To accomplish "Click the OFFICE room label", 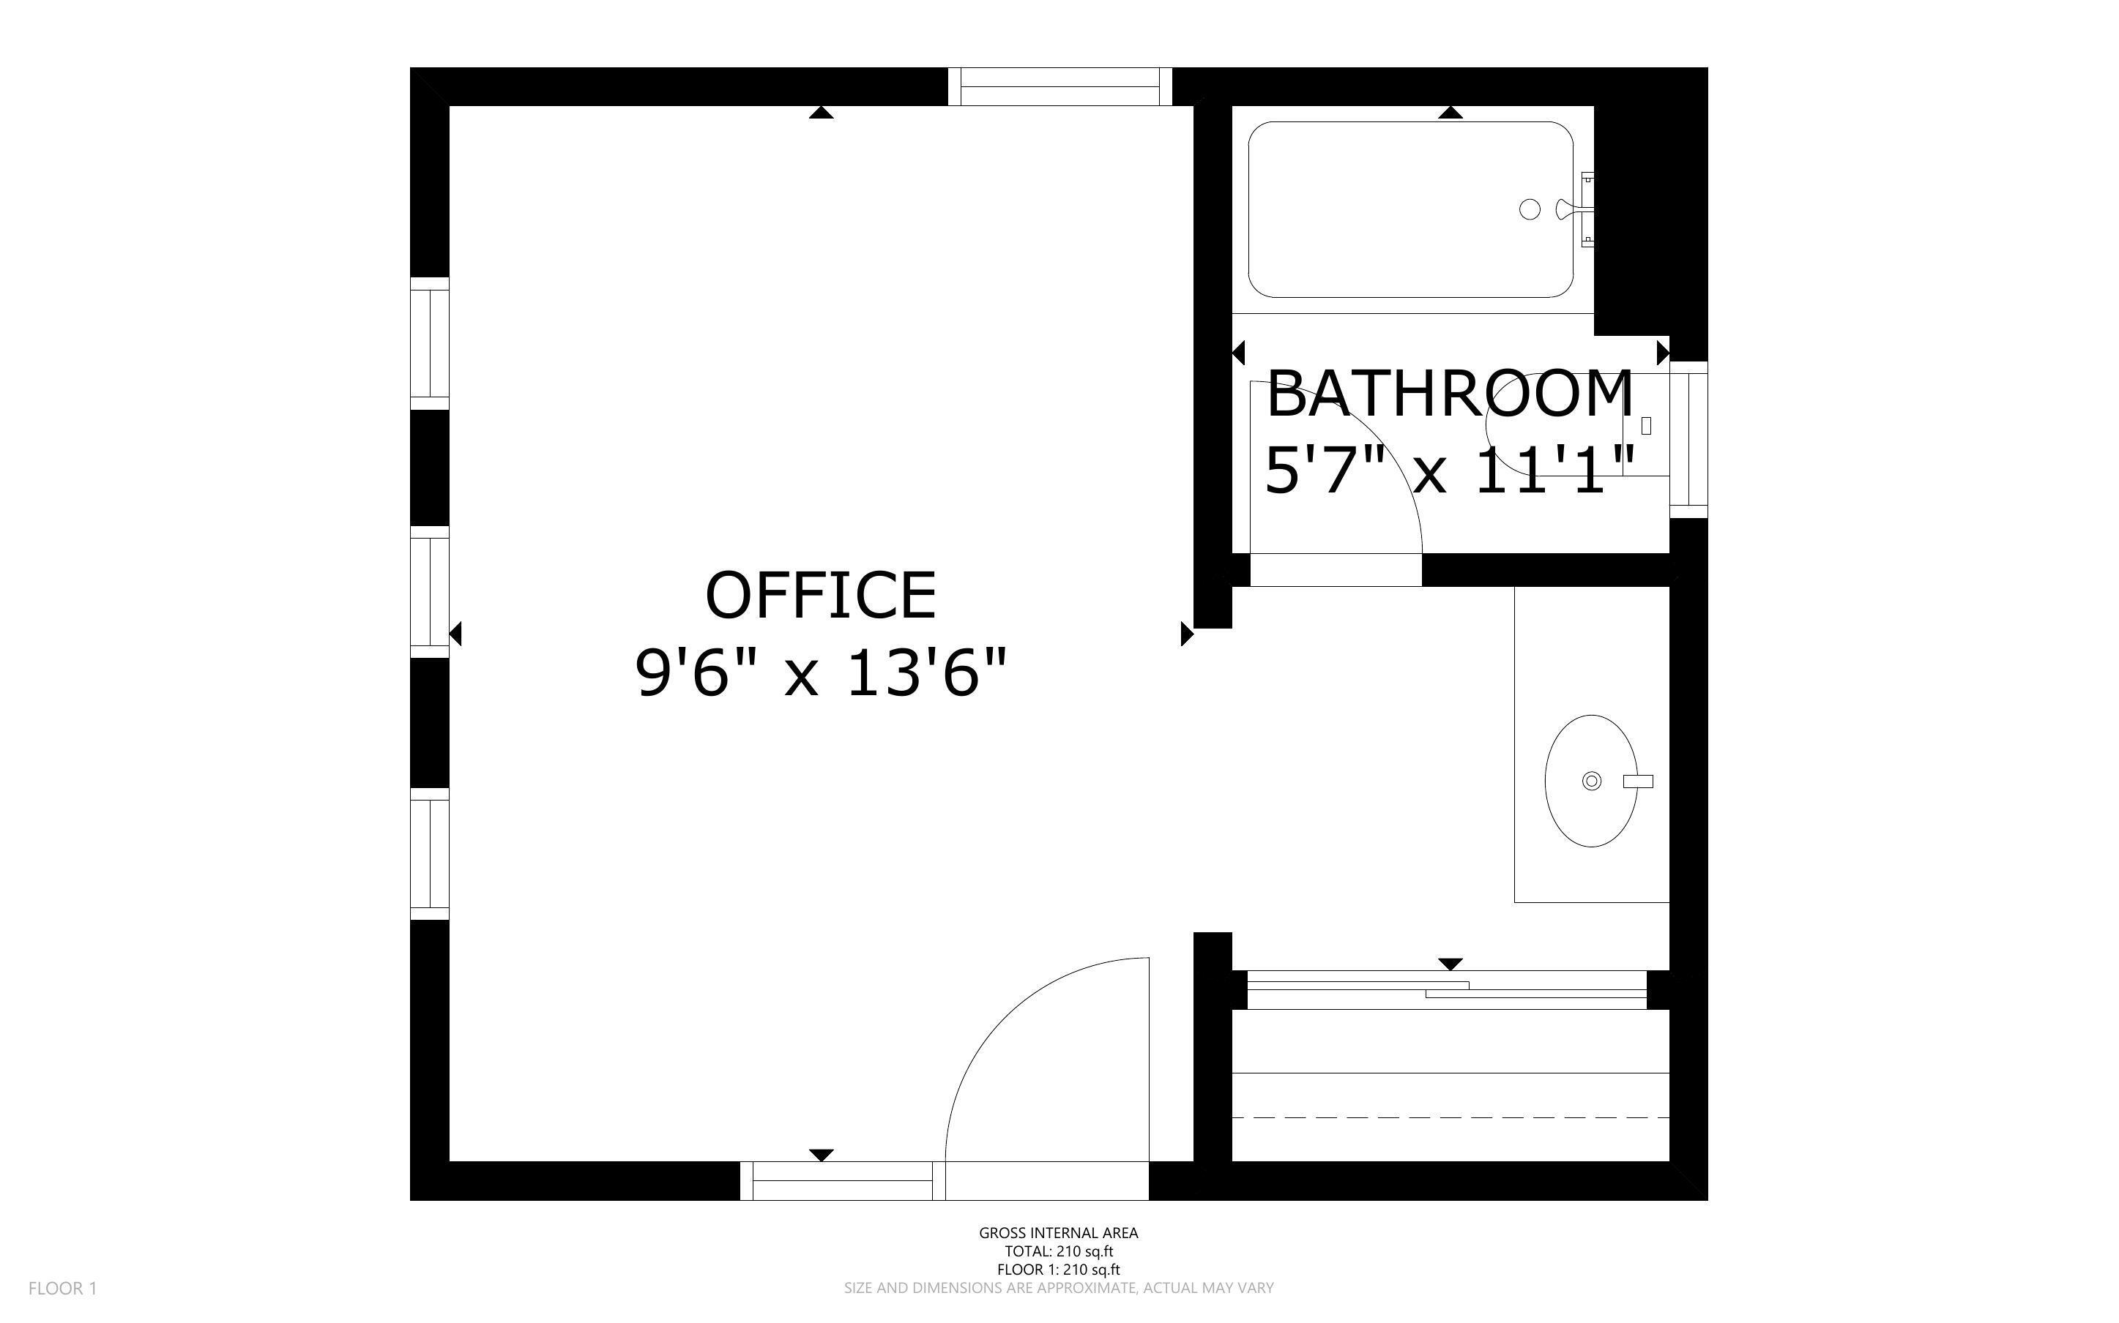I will [x=820, y=595].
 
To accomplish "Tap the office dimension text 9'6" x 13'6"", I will [x=820, y=673].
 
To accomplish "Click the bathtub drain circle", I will [x=1529, y=209].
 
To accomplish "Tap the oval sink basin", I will [x=1590, y=781].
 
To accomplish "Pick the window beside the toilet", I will [x=1688, y=439].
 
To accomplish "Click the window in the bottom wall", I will [x=842, y=1180].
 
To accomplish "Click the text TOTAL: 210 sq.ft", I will [x=1058, y=1251].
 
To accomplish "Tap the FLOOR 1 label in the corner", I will [x=62, y=1288].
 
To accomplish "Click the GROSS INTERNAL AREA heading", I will [x=1058, y=1233].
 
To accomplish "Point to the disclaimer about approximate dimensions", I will [x=1058, y=1288].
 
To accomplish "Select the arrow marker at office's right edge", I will [x=1186, y=634].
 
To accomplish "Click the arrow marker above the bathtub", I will [x=1450, y=113].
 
